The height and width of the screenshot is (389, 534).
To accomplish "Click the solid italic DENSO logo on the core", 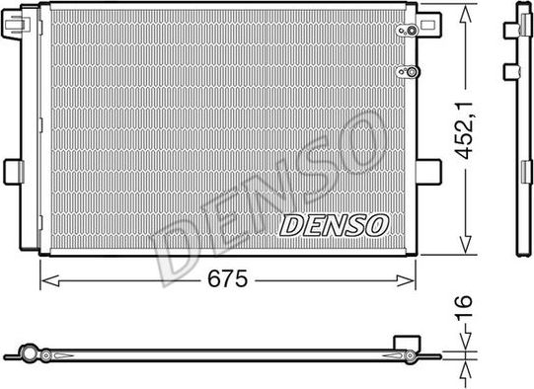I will (x=336, y=225).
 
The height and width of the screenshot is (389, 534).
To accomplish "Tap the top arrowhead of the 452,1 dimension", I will (x=463, y=10).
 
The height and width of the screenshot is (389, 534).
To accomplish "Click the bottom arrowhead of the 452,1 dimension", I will (x=463, y=250).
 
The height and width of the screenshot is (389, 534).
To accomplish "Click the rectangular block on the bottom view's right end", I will (x=404, y=343).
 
